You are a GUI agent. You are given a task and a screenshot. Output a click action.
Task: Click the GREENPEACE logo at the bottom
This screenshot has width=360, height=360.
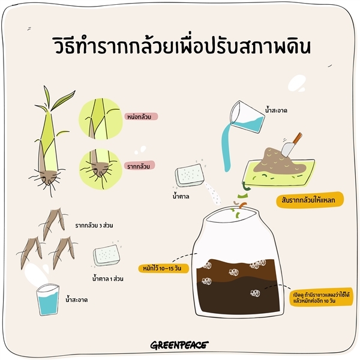pos(179,344)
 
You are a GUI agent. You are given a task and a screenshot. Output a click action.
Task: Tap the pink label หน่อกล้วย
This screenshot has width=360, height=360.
pos(141,116)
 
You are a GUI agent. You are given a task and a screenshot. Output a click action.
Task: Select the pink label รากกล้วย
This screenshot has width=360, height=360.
pos(139,166)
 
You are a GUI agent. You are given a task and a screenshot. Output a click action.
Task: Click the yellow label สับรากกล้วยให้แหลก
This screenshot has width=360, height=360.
pos(310,200)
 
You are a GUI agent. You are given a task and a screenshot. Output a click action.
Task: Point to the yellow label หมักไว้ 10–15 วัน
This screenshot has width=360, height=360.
pos(163,268)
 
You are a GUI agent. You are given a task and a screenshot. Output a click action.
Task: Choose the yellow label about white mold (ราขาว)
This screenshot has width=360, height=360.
pos(322,298)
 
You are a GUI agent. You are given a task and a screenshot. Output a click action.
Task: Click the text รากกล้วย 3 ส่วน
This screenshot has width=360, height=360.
pos(94,226)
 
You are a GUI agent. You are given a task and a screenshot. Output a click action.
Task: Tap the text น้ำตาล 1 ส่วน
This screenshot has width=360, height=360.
pos(107,279)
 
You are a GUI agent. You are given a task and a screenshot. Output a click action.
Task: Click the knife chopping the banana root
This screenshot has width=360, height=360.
pos(291,145)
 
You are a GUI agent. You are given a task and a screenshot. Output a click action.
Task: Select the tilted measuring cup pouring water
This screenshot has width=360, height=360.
pos(247,116)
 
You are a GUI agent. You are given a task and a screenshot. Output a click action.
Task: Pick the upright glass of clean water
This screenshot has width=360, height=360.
pos(48,299)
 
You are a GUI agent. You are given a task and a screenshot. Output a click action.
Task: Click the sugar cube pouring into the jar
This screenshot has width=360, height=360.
pos(190,175)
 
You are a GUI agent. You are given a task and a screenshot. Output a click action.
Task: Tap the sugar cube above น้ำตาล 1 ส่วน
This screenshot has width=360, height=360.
pos(107,255)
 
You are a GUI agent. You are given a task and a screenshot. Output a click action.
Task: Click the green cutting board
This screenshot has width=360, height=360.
pos(279,173)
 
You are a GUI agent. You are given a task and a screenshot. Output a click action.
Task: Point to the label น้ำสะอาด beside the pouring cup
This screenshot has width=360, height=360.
pos(276,110)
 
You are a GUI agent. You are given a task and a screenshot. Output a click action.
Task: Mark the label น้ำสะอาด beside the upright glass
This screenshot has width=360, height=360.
pos(76,300)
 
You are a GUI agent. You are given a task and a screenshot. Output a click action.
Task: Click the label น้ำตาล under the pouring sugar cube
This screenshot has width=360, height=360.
pos(181,196)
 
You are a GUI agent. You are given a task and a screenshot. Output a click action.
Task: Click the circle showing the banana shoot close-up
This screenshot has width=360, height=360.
pos(101,119)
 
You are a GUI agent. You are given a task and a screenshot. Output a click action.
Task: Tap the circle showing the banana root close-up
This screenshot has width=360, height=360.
pos(100,169)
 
